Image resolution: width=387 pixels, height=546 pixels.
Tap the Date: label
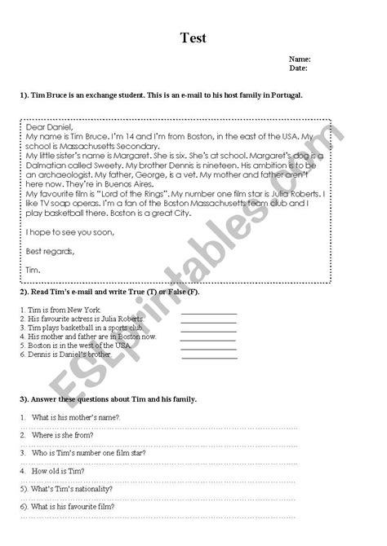299,69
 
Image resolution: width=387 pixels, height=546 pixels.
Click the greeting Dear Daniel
50,126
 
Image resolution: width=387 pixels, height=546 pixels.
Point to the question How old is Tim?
62,471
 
